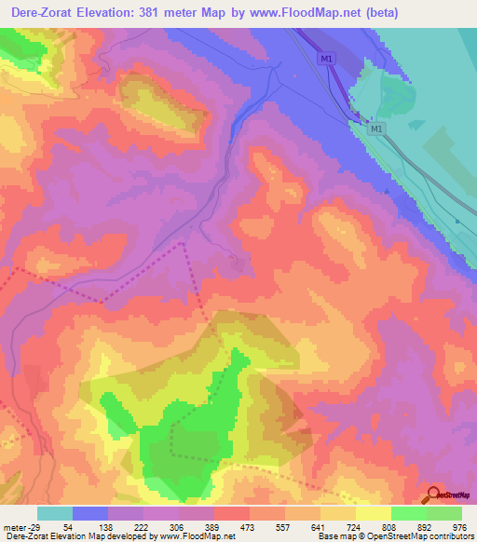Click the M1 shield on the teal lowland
click(x=376, y=129)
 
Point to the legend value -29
click(x=33, y=527)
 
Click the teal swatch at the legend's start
click(x=55, y=513)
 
